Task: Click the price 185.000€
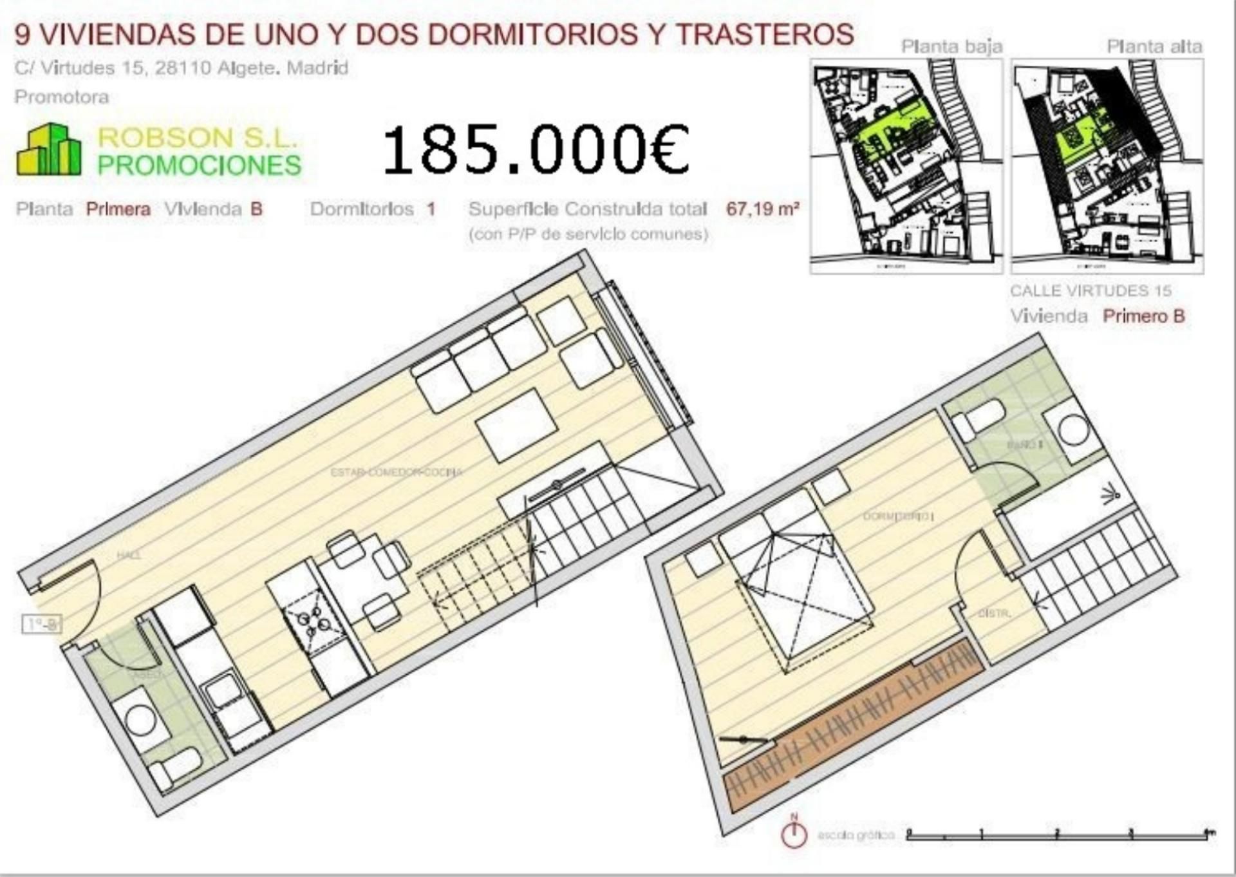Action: [x=536, y=149]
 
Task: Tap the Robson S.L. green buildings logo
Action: [x=49, y=150]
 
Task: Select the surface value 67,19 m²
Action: [x=763, y=209]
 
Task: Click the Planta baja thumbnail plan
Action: [x=906, y=165]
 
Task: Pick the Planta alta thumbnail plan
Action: [x=1107, y=165]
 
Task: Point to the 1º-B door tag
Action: [x=42, y=623]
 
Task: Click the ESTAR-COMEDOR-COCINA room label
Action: [x=396, y=472]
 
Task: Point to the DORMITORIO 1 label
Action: [x=898, y=516]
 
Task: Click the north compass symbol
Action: [x=794, y=833]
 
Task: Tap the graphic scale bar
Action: [x=1060, y=835]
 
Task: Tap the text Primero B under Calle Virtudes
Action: [x=1143, y=316]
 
